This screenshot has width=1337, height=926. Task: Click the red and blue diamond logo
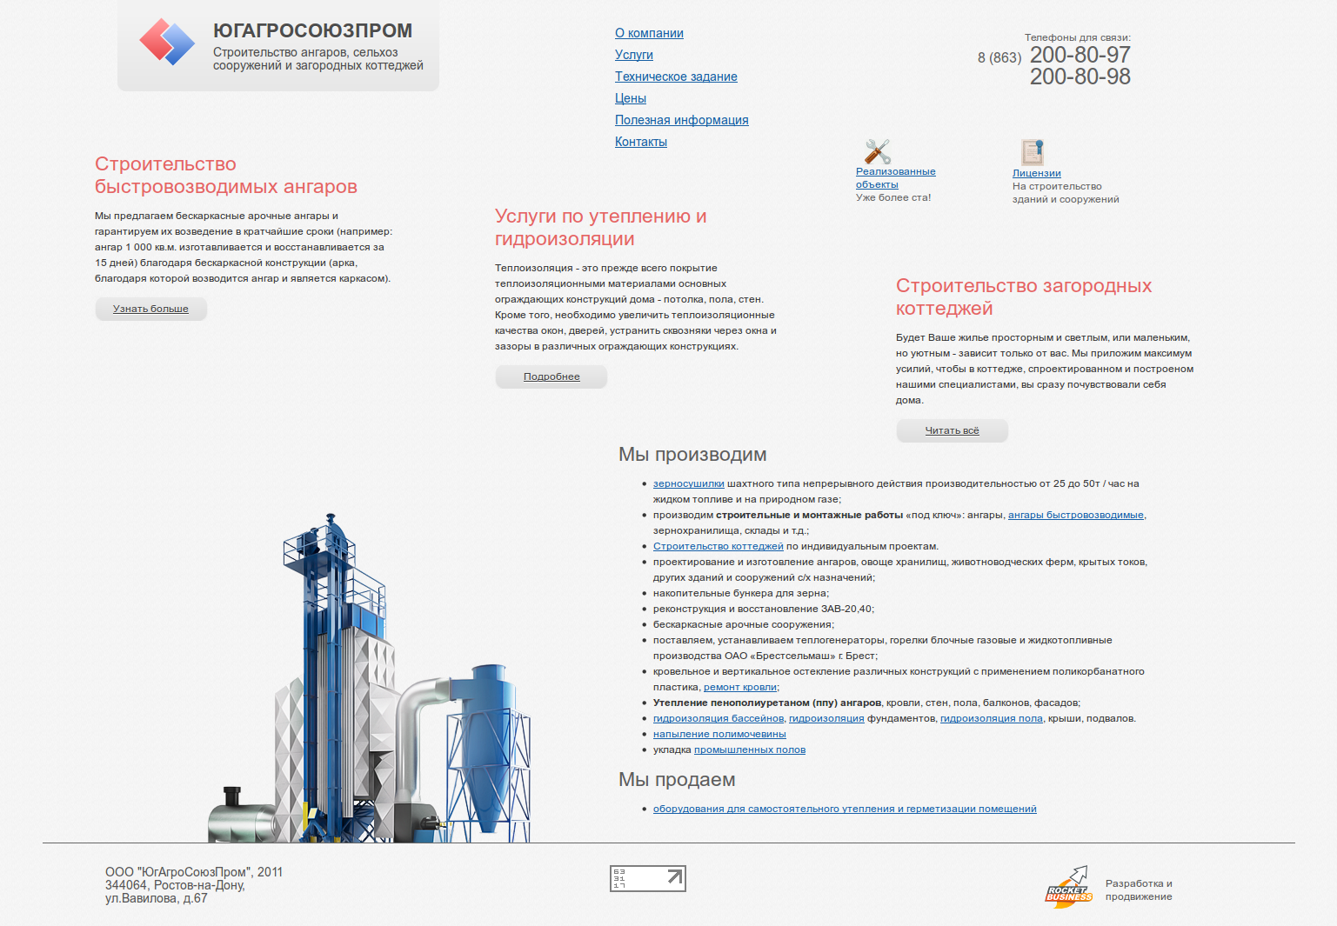point(167,42)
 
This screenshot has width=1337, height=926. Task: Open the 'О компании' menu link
point(649,33)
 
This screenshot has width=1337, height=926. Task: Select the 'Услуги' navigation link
point(633,55)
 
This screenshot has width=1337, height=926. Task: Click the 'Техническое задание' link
point(676,77)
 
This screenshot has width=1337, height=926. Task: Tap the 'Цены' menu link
point(630,98)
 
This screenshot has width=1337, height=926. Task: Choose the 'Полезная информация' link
point(681,120)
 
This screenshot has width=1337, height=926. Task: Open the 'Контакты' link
point(640,142)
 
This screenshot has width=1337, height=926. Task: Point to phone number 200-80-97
point(1080,55)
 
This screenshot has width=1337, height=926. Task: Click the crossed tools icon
point(877,151)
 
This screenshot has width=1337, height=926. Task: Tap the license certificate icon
point(1033,152)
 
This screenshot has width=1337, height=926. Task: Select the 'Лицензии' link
point(1036,173)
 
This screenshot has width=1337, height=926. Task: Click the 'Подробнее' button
point(552,376)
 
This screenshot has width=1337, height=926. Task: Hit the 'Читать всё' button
point(952,430)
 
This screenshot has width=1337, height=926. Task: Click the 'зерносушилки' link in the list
point(688,483)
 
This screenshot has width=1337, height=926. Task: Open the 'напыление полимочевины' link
point(719,734)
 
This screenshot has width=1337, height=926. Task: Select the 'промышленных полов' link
point(750,749)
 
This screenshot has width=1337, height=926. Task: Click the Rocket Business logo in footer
point(1068,888)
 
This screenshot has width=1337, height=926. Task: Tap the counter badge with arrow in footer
point(647,878)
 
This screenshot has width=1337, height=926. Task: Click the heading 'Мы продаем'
point(677,779)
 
